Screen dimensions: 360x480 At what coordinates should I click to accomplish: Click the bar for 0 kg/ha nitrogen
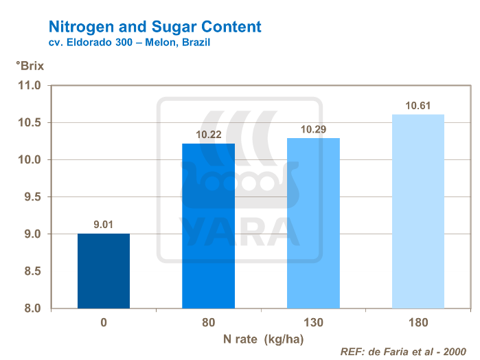tap(103, 271)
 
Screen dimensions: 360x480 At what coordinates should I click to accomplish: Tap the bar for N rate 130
tap(313, 223)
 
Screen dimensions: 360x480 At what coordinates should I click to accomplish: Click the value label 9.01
tap(104, 223)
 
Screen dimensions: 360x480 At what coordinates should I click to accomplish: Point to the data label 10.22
tap(208, 134)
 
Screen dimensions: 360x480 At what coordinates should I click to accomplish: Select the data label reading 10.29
tap(313, 128)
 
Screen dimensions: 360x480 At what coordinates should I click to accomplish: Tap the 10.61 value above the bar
tap(418, 105)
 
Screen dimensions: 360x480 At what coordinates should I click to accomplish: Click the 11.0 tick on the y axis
tap(30, 86)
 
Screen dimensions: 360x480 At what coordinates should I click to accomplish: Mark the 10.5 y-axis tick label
tap(30, 123)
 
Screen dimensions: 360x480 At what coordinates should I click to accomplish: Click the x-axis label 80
tap(208, 322)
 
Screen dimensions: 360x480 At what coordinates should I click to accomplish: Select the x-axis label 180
tap(418, 322)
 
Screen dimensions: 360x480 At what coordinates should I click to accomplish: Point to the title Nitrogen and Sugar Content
tap(155, 27)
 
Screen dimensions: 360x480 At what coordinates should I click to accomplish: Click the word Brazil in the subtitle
tap(194, 42)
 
